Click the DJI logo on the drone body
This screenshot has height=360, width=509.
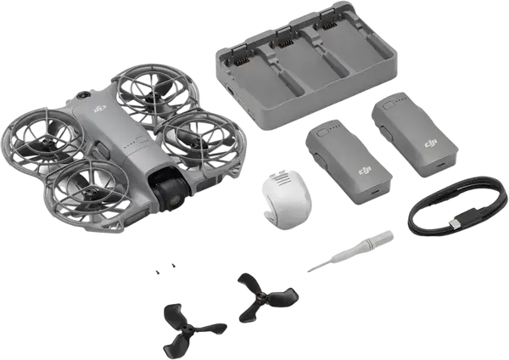click(x=98, y=109)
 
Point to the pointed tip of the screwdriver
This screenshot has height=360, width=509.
click(x=309, y=271)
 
